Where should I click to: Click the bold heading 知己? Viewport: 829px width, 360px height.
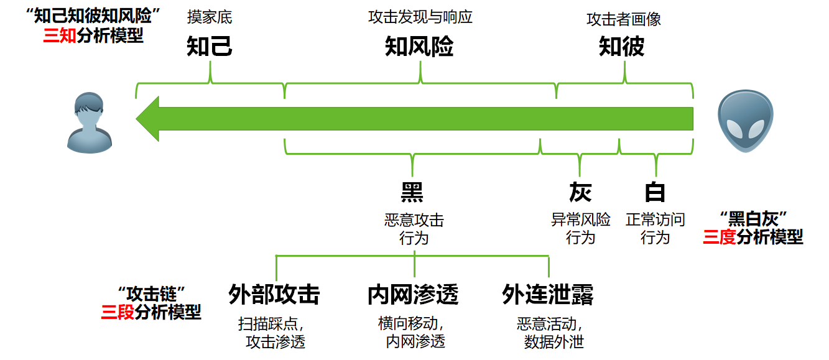(x=210, y=47)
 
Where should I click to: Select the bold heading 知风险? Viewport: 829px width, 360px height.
(x=419, y=47)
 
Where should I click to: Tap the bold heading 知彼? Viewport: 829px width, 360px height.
(x=621, y=47)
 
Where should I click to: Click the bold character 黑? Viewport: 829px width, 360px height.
(x=412, y=193)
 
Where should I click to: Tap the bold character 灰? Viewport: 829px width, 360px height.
(x=580, y=193)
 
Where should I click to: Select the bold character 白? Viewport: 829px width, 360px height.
(x=655, y=193)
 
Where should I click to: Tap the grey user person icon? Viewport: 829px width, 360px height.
(x=90, y=122)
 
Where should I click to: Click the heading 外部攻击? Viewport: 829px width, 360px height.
(x=274, y=294)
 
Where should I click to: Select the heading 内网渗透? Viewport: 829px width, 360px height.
(x=413, y=294)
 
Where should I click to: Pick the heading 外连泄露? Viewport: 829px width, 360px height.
(x=548, y=294)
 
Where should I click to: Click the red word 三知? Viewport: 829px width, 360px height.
(x=59, y=35)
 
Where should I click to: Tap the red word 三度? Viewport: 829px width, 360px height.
(x=720, y=237)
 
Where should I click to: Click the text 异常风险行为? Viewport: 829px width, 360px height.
(x=580, y=228)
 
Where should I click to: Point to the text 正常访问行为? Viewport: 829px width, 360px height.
(x=655, y=228)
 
